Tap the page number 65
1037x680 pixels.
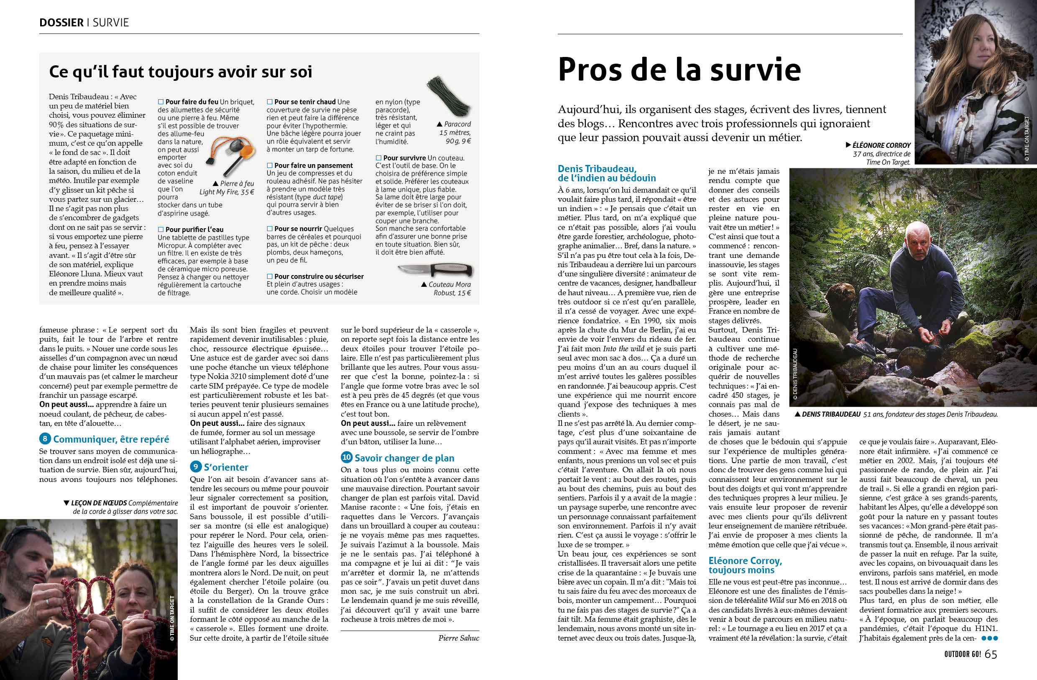(x=991, y=654)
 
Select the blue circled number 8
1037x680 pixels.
(x=45, y=439)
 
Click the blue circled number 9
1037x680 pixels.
(x=196, y=467)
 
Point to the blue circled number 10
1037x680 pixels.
(x=346, y=458)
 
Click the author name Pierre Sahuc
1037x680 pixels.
(x=458, y=638)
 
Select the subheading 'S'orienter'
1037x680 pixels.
(x=226, y=467)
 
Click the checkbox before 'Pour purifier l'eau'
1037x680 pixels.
(x=161, y=229)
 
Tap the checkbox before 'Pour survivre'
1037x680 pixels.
(x=379, y=158)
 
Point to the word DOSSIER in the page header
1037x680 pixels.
(x=61, y=23)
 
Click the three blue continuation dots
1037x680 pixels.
(x=989, y=638)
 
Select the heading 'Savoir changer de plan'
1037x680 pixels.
(x=404, y=458)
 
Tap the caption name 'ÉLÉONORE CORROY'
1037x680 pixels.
(x=881, y=145)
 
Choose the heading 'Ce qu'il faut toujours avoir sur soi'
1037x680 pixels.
(x=180, y=72)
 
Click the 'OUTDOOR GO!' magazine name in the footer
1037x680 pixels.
(x=956, y=655)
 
